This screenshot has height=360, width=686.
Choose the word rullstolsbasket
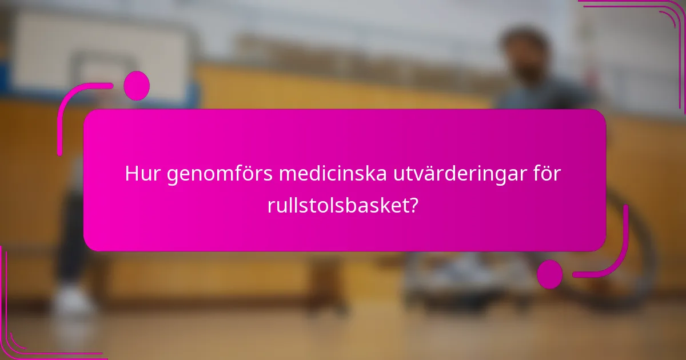click(x=337, y=206)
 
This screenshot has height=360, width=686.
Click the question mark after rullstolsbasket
click(x=413, y=206)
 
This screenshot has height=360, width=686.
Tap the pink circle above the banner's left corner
click(x=136, y=86)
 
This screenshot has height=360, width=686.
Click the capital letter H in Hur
click(x=132, y=174)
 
